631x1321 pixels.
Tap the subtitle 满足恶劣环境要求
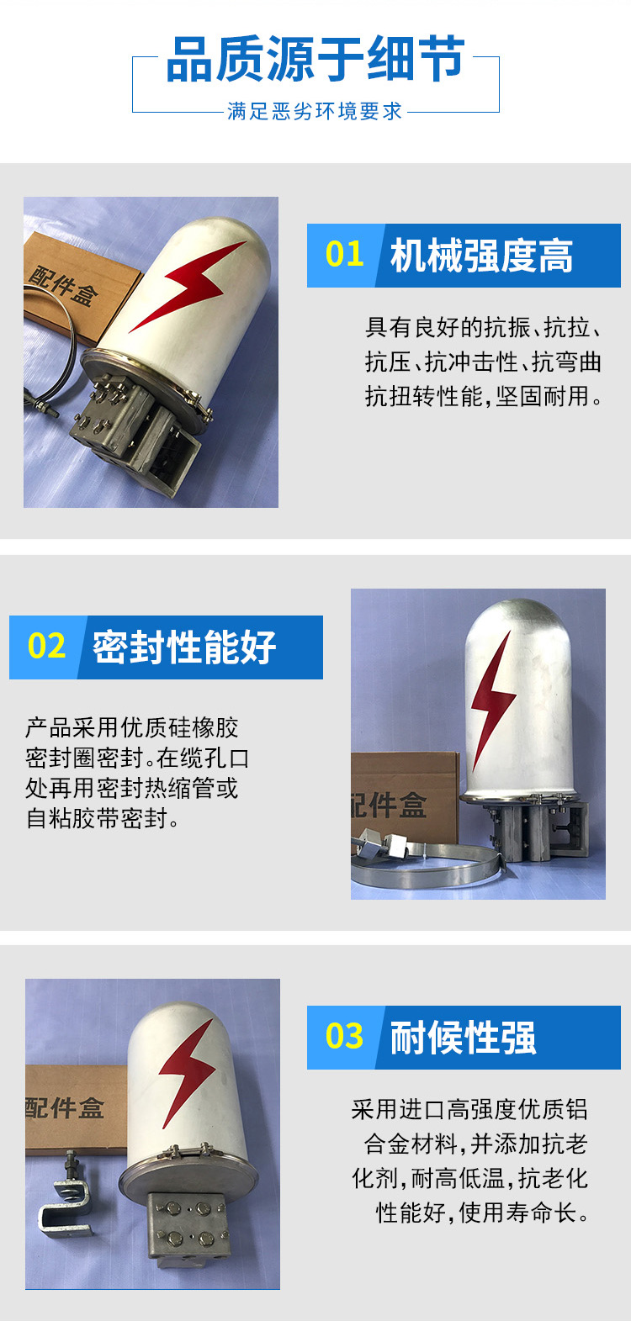315,111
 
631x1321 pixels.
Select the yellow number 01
345,254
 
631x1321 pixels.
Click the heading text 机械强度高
481,256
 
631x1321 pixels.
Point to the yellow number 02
46,646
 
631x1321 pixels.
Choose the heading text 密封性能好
184,647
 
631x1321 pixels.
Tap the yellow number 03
345,1036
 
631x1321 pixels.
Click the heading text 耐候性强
464,1038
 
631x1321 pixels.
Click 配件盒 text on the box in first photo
64,286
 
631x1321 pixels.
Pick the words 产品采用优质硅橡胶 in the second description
131,727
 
